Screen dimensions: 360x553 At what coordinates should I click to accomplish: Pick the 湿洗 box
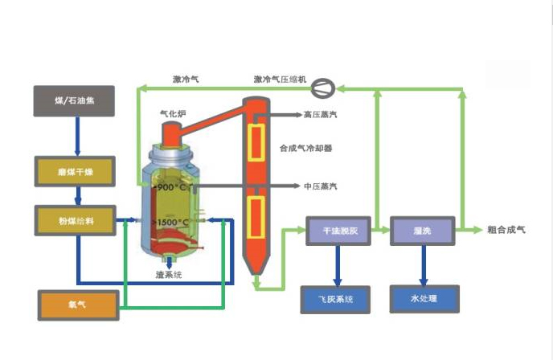click(x=421, y=230)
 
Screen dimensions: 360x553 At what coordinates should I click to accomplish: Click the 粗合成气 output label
click(x=506, y=230)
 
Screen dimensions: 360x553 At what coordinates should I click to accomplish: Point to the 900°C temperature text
click(x=170, y=187)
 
